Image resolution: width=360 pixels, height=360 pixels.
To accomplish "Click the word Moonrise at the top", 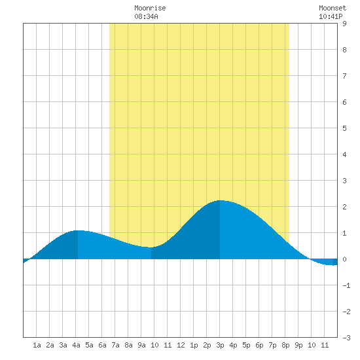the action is click(x=150, y=8).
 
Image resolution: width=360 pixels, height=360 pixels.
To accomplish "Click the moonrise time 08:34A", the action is click(x=146, y=16).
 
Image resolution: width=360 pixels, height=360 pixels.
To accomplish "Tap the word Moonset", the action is click(x=333, y=8).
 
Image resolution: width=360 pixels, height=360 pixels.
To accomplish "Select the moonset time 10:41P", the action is click(x=331, y=16).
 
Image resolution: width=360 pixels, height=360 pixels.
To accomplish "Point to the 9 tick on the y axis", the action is click(x=344, y=24).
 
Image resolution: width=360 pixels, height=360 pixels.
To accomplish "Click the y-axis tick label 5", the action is click(x=344, y=128).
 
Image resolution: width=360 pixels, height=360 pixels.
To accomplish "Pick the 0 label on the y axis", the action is click(x=344, y=259).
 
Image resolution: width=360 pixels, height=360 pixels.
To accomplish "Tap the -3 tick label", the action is click(x=346, y=338).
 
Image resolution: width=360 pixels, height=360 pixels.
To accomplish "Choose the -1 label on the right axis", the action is click(x=346, y=285).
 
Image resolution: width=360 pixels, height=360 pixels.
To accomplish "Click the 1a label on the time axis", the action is click(x=37, y=345).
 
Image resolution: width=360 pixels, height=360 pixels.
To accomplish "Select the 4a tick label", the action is click(x=76, y=345).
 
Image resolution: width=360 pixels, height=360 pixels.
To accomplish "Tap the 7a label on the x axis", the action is click(x=115, y=345).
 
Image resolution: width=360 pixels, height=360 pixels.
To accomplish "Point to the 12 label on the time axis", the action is click(x=181, y=345).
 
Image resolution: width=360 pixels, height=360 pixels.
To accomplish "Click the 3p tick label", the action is click(x=220, y=345).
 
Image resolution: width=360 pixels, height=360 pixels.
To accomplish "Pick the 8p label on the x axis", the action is click(x=285, y=345).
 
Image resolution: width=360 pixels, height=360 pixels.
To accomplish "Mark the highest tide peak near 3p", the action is click(x=220, y=200).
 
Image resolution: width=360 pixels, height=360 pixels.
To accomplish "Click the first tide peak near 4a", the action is click(x=78, y=230).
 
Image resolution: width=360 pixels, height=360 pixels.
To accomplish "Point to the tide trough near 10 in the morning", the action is click(x=151, y=247).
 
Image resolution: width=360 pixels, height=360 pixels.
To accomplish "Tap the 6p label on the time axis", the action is click(x=259, y=345).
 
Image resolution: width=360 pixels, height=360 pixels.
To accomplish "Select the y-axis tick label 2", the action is click(x=344, y=207).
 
